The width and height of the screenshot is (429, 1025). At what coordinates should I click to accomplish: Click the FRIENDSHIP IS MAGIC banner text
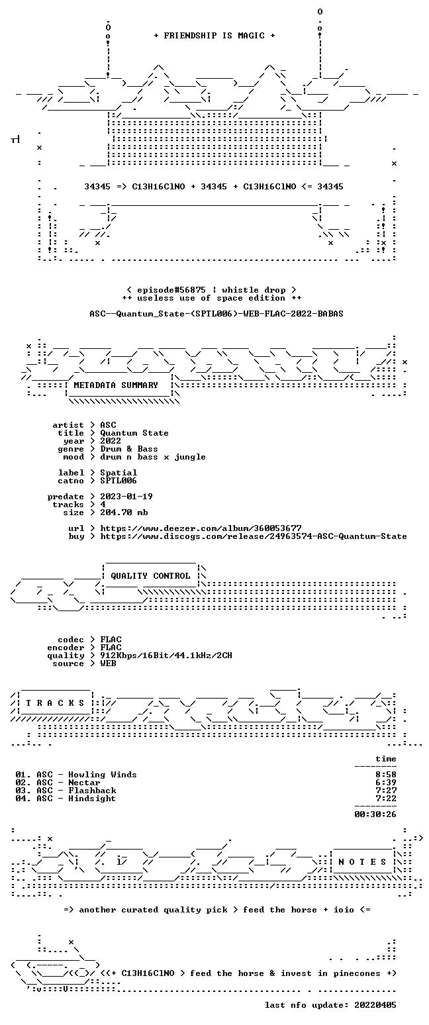click(x=214, y=36)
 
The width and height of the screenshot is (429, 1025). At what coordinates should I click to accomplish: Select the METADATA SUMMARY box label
click(x=116, y=385)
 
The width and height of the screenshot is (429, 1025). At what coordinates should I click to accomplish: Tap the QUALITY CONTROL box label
click(x=150, y=576)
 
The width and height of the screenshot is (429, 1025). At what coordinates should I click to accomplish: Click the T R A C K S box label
click(x=56, y=703)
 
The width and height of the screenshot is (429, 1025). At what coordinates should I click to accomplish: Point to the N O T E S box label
click(x=362, y=862)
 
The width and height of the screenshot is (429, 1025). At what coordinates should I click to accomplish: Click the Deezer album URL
click(x=201, y=528)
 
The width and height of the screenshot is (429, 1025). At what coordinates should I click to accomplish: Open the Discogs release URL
click(x=254, y=536)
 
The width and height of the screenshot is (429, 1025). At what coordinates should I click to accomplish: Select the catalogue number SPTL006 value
click(x=119, y=481)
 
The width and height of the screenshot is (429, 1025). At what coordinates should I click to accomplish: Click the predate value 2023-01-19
click(x=126, y=497)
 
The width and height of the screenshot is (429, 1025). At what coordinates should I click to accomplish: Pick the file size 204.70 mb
click(x=124, y=512)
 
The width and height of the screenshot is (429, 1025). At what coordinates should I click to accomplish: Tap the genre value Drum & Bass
click(x=129, y=449)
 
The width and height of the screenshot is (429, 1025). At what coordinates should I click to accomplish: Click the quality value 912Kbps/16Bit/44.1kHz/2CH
click(x=166, y=656)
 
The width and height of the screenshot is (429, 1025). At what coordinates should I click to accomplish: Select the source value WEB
click(x=108, y=663)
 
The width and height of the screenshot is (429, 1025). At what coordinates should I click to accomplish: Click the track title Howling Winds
click(x=103, y=775)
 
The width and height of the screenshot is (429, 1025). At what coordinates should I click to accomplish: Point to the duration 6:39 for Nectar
click(x=386, y=783)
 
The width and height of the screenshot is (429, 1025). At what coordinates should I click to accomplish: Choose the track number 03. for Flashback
click(x=23, y=791)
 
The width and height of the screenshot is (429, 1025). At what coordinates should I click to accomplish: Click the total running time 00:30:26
click(x=375, y=814)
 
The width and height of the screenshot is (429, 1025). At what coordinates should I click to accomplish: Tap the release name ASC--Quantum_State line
click(x=216, y=314)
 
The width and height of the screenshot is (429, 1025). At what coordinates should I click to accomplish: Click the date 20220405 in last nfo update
click(x=375, y=1005)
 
